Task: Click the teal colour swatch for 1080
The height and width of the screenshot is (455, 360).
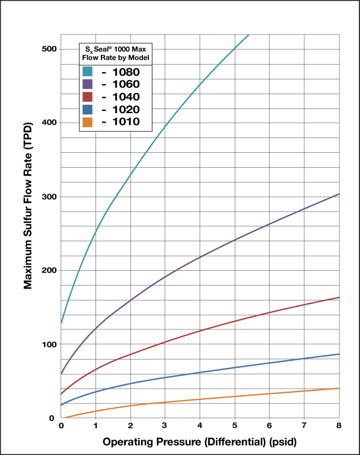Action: coord(87,72)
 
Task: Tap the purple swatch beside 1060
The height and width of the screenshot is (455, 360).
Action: coord(87,84)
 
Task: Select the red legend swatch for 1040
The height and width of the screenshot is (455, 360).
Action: coord(87,97)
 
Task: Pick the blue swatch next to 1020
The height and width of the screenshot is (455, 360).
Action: coord(87,110)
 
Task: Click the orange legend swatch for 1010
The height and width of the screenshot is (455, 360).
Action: coord(87,122)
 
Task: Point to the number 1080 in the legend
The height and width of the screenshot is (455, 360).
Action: coord(126,72)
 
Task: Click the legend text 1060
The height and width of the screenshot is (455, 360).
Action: coord(126,84)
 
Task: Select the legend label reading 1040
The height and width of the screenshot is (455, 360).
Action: coord(126,97)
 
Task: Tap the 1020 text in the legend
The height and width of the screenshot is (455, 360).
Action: coord(126,110)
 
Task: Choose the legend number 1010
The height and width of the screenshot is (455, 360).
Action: coord(126,122)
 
